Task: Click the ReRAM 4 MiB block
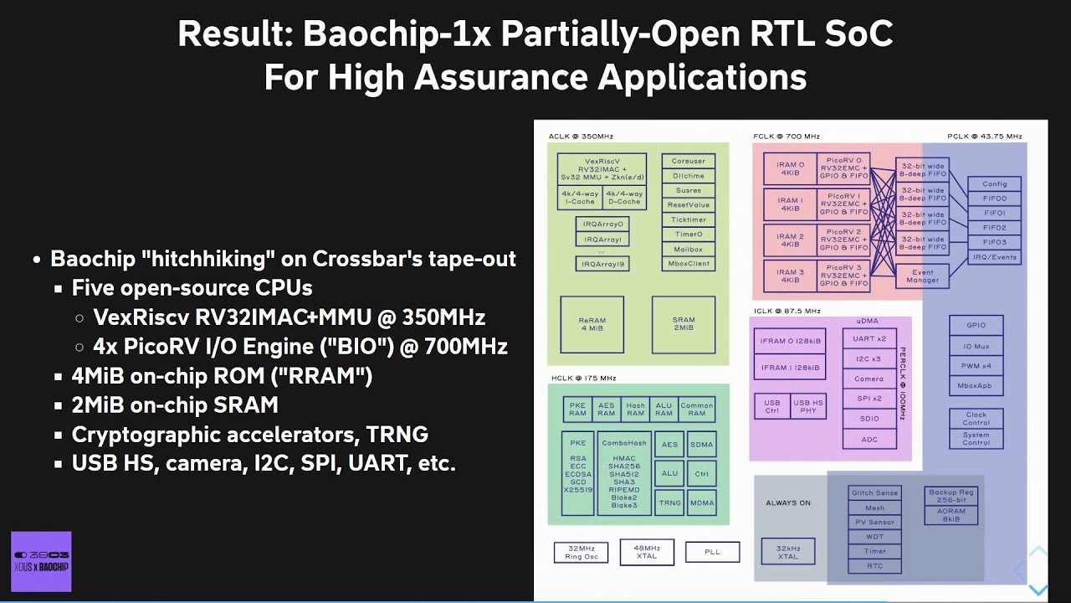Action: (x=592, y=324)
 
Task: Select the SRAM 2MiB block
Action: (x=683, y=324)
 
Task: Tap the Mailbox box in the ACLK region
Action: (x=688, y=250)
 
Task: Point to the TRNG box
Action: (x=669, y=502)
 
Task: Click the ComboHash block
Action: (x=624, y=474)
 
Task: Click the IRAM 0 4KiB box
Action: (x=790, y=169)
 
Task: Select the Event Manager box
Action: (x=922, y=276)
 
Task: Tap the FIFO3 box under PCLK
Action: (x=994, y=242)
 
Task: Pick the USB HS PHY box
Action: (x=807, y=406)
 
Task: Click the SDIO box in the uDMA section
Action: (x=869, y=418)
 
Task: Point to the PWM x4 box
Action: (x=976, y=366)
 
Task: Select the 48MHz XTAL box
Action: (x=647, y=552)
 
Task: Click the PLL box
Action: (x=712, y=552)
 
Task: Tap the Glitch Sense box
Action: (x=874, y=493)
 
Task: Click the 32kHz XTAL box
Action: (x=787, y=552)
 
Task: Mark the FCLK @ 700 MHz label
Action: (x=787, y=137)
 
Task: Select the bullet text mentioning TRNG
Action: (x=250, y=435)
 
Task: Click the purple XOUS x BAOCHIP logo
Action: (x=41, y=561)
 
